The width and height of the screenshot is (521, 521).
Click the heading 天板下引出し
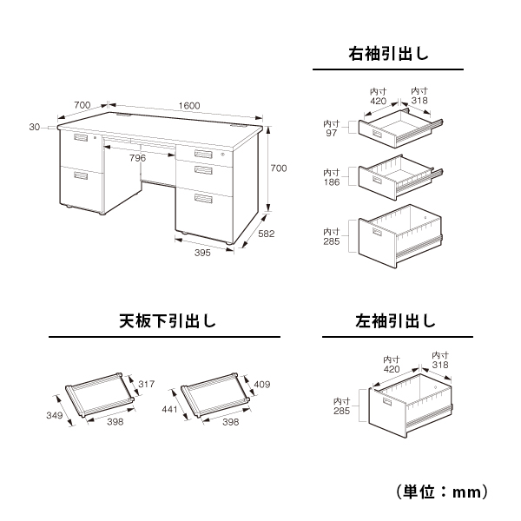click(x=164, y=321)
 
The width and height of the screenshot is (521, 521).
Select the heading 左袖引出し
click(x=395, y=321)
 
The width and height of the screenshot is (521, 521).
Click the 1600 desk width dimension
click(x=188, y=105)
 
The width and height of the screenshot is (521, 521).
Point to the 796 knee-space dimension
click(x=137, y=158)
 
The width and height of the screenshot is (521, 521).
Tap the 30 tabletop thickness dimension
click(x=34, y=127)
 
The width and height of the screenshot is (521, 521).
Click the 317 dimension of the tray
click(x=146, y=383)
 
